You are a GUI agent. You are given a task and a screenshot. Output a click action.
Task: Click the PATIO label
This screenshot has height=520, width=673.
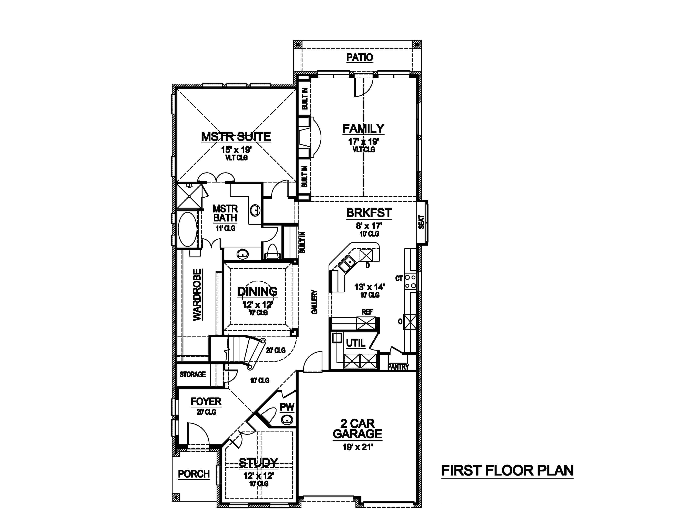coord(360,57)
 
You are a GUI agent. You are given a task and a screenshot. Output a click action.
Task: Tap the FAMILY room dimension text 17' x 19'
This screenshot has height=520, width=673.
coord(363,142)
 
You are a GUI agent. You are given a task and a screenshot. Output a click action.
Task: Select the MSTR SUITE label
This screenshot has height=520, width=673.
coord(236,136)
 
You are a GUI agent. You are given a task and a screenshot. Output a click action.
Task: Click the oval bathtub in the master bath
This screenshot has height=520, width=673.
coord(187,229)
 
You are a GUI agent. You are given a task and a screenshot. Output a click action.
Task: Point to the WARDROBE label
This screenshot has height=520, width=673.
coord(197,295)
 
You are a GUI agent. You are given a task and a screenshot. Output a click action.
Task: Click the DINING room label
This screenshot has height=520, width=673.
coord(257,291)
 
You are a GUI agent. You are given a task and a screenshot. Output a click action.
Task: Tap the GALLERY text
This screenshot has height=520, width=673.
coord(314,302)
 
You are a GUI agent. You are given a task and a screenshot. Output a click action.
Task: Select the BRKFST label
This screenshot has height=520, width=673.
coord(369,213)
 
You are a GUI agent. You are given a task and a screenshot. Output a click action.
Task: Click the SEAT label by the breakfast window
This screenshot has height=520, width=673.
coord(422,222)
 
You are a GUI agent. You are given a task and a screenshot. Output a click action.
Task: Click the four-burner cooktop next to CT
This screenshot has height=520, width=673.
coord(410,282)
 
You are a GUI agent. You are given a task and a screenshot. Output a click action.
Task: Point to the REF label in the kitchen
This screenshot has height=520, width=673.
coord(367,312)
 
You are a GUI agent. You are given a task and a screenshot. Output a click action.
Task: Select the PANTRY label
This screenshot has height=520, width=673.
coord(398,367)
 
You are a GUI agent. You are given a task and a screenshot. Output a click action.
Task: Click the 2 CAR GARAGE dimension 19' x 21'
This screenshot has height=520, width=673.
coord(358,447)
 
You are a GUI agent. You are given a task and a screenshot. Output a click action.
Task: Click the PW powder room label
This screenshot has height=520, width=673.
coord(287,407)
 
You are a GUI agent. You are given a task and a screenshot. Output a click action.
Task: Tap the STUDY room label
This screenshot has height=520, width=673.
coord(259,462)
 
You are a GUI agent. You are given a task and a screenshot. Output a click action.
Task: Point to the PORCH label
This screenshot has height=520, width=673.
coord(194,474)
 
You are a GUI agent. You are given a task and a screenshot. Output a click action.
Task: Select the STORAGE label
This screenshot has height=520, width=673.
coord(193,374)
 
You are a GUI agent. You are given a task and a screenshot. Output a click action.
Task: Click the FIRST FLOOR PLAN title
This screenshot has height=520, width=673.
coord(507,470)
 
